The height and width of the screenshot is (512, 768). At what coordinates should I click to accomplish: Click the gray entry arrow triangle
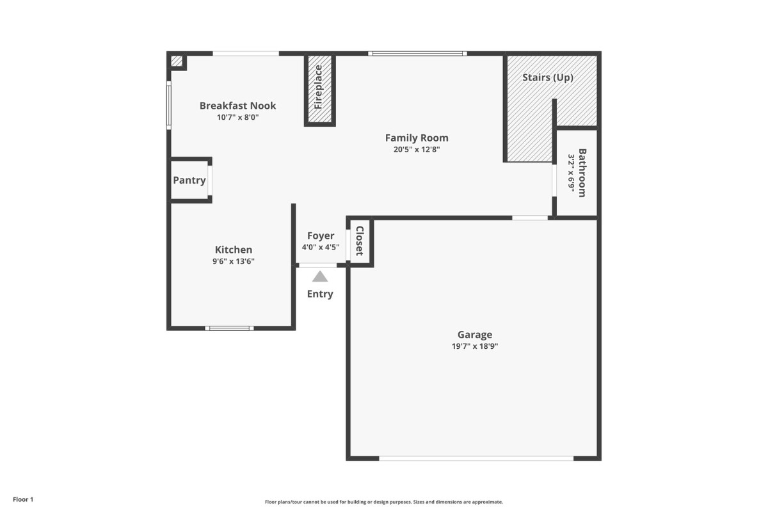click(x=320, y=276)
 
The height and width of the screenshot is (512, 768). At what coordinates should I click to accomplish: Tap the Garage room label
click(x=475, y=334)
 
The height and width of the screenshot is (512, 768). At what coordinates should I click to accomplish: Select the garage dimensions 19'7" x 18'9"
click(x=475, y=346)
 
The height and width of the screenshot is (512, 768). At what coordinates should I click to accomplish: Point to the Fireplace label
click(x=319, y=87)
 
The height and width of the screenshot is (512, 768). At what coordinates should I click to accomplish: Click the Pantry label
click(x=189, y=180)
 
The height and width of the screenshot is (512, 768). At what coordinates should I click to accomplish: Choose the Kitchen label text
click(x=234, y=250)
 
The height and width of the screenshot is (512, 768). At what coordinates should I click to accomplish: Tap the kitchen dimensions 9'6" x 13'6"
click(x=234, y=261)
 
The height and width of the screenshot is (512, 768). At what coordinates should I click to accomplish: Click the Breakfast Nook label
click(x=237, y=106)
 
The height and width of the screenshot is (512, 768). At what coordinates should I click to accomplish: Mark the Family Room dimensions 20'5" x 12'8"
click(x=417, y=150)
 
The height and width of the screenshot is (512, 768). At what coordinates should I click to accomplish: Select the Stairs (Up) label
click(x=548, y=77)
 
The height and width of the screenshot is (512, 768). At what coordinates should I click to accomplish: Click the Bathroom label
click(x=582, y=173)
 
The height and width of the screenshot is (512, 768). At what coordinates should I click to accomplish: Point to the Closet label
click(x=359, y=241)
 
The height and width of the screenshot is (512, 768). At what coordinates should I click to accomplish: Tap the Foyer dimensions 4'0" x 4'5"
click(x=321, y=247)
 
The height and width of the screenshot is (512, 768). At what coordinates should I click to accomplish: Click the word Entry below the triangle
click(x=320, y=294)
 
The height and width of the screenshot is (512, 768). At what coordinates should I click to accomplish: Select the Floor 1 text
click(x=23, y=499)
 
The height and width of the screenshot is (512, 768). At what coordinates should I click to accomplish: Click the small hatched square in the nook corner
click(x=177, y=61)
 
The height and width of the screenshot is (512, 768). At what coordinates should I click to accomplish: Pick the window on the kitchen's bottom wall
click(x=229, y=328)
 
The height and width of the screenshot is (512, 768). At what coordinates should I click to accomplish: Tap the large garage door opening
click(x=476, y=458)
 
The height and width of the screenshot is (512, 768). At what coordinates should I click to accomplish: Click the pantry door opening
click(x=209, y=180)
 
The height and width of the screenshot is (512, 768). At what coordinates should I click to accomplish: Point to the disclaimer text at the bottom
click(x=383, y=502)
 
